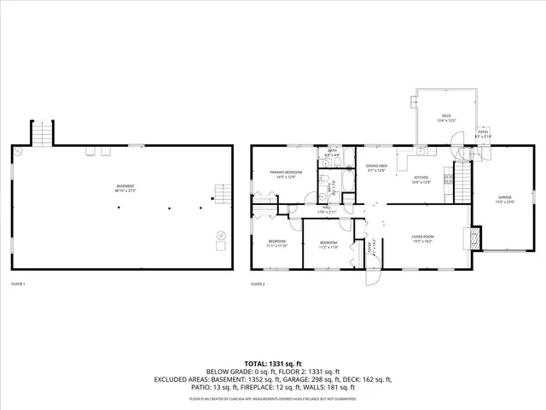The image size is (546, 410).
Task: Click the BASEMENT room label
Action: (x=125, y=188)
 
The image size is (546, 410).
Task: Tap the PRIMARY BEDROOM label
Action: (x=282, y=174)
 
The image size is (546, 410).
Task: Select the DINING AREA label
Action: (x=377, y=167)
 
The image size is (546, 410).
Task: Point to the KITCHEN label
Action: (x=421, y=179)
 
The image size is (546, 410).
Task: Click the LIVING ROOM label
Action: (x=423, y=237)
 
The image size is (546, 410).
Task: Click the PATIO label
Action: (x=483, y=134)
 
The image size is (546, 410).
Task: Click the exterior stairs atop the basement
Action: (x=43, y=133)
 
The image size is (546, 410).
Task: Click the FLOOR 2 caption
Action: (x=258, y=284)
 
